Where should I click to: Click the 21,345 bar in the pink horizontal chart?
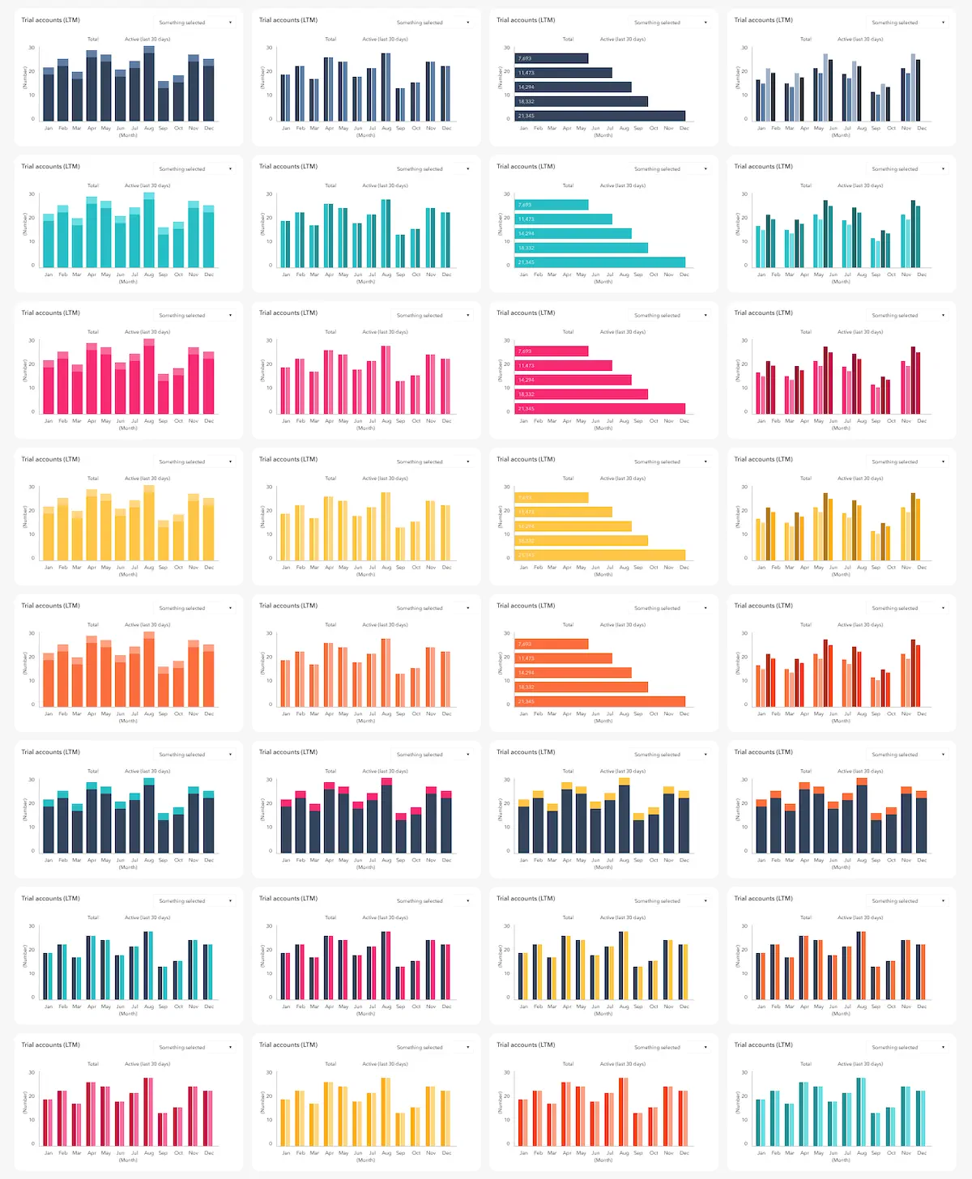click(600, 409)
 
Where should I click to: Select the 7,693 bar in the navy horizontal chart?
click(552, 58)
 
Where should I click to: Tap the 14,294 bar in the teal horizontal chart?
click(573, 233)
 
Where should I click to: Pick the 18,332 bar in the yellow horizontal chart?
click(582, 541)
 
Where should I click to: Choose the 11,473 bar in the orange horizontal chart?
click(564, 658)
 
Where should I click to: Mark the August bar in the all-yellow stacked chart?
click(149, 523)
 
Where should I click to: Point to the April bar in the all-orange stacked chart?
click(92, 671)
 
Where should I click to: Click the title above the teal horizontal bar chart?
click(526, 167)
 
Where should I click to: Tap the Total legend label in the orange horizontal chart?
click(568, 625)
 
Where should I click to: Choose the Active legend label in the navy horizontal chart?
click(623, 39)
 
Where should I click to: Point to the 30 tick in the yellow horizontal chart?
click(507, 487)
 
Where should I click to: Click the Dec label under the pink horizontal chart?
click(684, 421)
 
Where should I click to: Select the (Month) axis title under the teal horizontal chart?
click(603, 282)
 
